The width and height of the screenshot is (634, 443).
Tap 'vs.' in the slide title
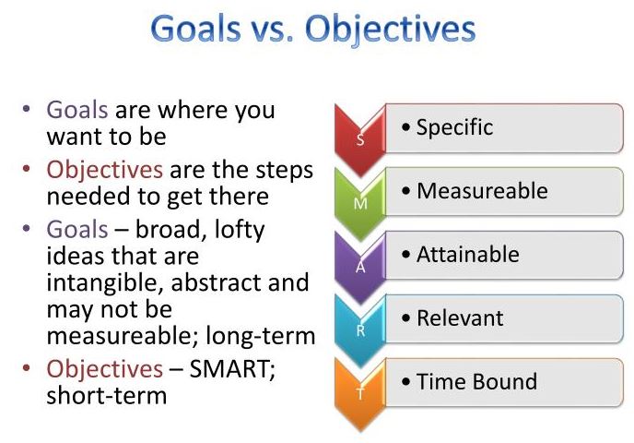[x=287, y=30]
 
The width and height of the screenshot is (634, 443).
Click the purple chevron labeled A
[x=360, y=261]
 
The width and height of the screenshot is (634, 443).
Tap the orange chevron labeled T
[x=360, y=388]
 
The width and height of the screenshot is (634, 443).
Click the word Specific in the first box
[x=454, y=127]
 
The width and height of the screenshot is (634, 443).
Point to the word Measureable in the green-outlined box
[x=482, y=191]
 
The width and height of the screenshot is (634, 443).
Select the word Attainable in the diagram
[x=467, y=255]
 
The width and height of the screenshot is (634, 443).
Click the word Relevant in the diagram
[x=460, y=318]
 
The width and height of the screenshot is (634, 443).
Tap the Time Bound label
[x=475, y=381]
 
